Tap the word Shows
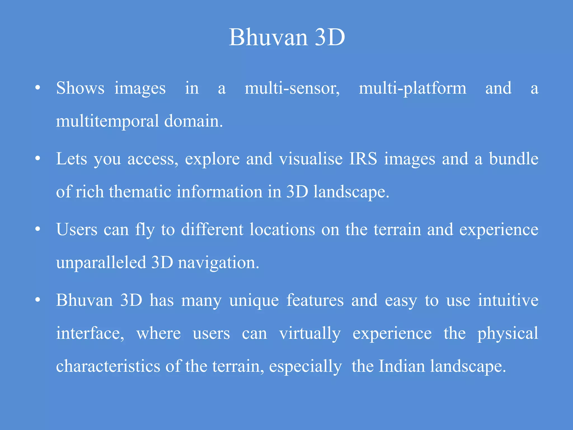pos(80,88)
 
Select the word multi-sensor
pos(292,88)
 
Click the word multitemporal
pos(107,121)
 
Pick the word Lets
pos(72,159)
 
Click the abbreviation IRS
pos(363,159)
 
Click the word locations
pos(282,230)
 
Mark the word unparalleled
pos(101,263)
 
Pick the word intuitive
pos(508,300)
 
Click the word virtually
pos(310,334)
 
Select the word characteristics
pos(108,366)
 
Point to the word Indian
pos(401,366)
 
